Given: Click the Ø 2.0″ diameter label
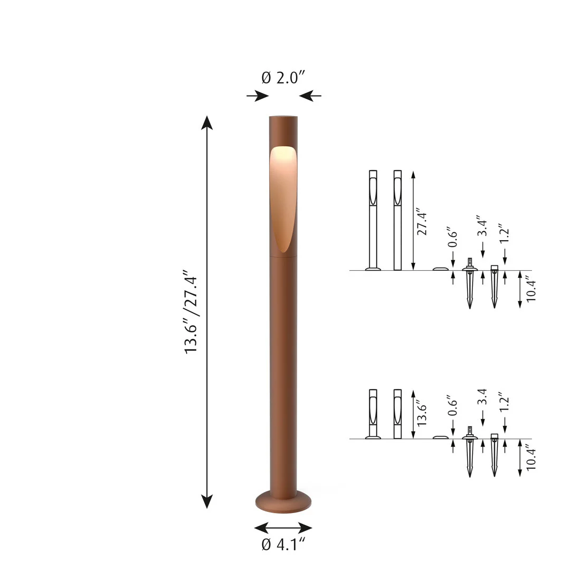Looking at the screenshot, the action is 283,78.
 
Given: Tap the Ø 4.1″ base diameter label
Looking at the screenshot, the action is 283,544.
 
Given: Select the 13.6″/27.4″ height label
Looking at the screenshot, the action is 191,312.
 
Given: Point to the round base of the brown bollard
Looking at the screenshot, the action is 283,502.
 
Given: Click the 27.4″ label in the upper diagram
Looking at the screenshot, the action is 422,222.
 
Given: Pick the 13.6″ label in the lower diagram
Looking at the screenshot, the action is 422,414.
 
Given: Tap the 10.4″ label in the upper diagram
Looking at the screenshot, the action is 531,290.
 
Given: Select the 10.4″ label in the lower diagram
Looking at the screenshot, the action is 531,459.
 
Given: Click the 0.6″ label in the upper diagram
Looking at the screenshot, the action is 452,237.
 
